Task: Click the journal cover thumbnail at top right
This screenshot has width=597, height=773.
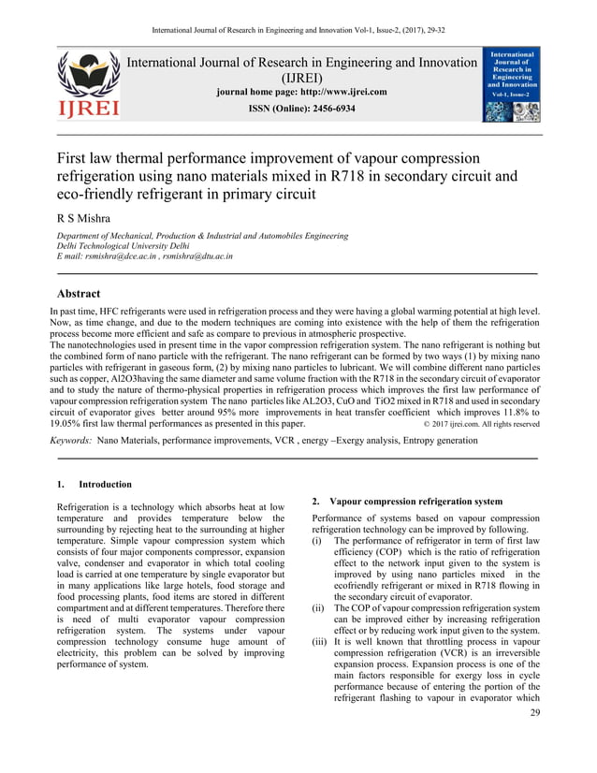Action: [x=511, y=86]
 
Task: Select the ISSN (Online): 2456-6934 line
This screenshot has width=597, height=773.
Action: [x=301, y=109]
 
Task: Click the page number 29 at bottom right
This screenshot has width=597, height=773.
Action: [x=534, y=740]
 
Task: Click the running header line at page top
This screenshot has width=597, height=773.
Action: [x=298, y=11]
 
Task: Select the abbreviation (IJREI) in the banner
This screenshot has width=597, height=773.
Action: [x=301, y=78]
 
